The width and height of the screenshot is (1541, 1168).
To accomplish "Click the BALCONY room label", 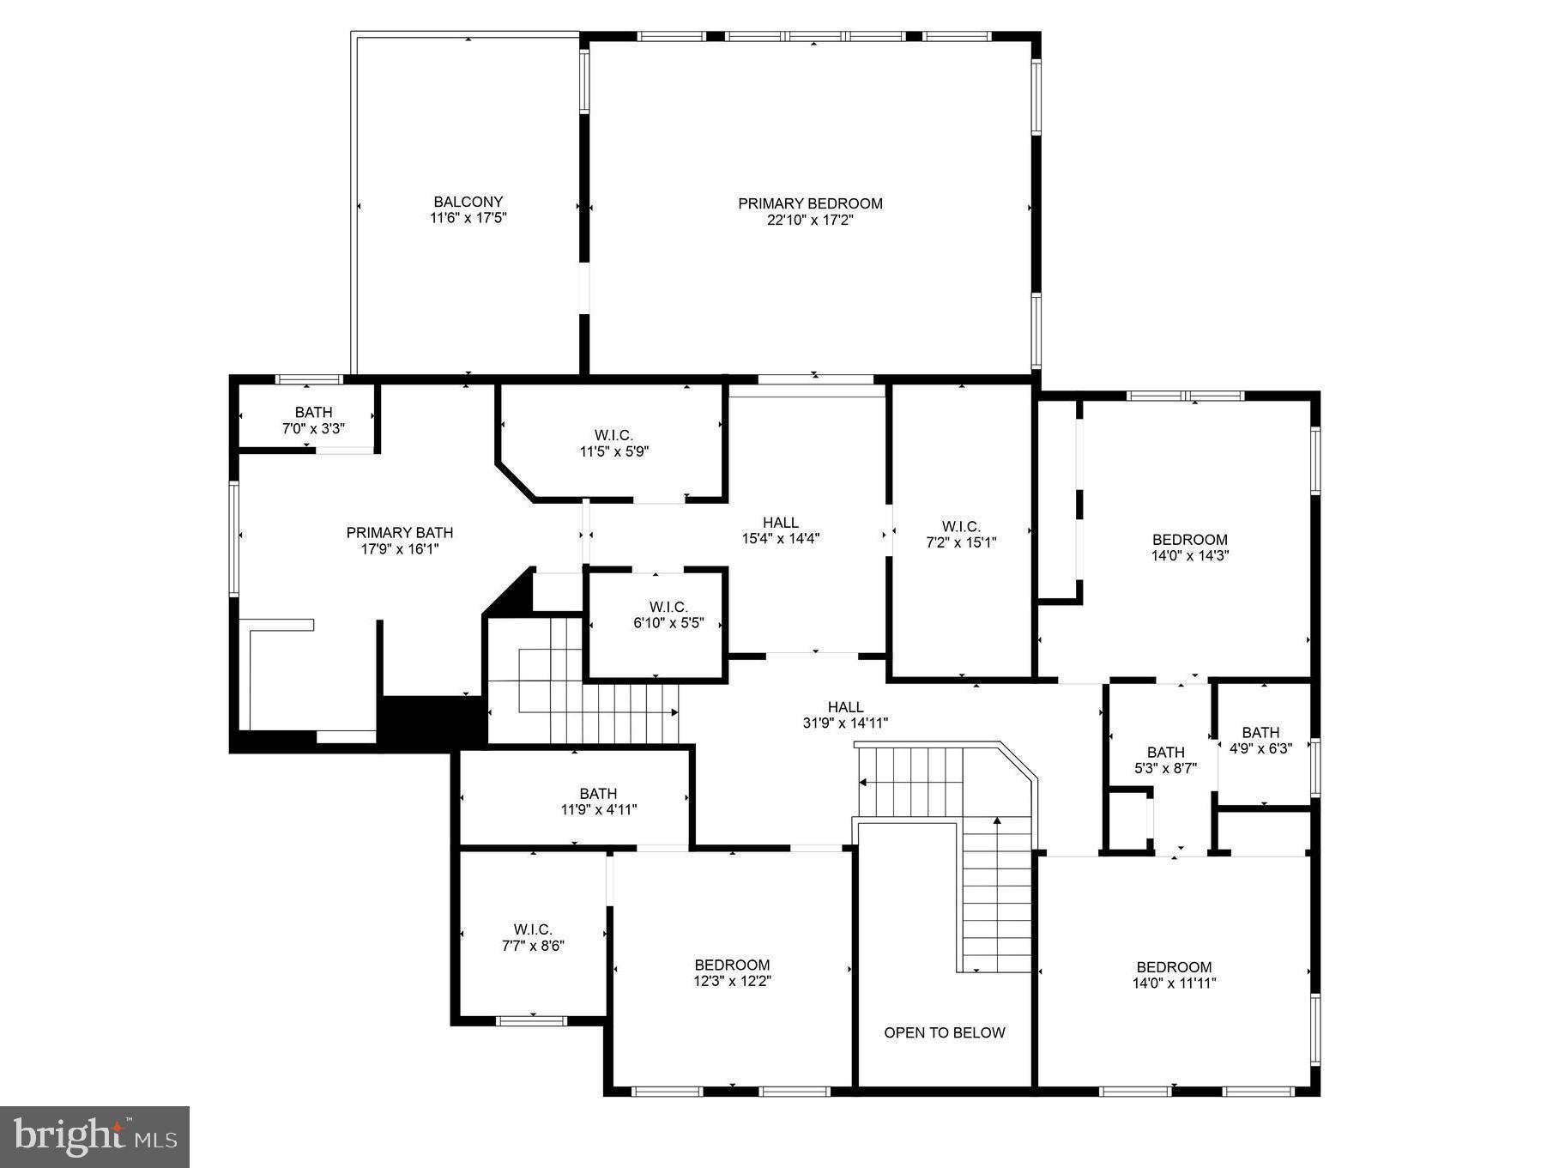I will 468,203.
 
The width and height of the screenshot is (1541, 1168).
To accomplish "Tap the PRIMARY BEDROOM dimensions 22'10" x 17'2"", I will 810,220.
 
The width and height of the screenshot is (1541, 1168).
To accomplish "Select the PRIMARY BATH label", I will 399,533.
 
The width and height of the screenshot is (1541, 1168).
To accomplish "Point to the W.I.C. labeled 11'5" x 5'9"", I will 613,443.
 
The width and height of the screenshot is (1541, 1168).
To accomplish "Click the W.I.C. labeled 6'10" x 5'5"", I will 668,615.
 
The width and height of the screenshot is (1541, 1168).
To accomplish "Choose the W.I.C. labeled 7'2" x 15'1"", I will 960,534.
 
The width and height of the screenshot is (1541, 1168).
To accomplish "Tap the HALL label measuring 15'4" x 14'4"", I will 780,530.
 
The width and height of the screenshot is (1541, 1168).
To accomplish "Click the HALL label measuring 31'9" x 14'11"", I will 845,715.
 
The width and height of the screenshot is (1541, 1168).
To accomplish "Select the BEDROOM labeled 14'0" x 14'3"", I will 1189,547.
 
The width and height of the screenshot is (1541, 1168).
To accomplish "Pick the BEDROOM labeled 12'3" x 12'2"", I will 732,972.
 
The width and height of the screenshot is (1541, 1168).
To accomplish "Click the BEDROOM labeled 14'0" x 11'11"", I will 1173,975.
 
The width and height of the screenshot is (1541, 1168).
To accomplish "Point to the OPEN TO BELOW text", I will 944,1032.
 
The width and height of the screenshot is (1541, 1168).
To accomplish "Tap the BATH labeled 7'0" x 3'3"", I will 313,420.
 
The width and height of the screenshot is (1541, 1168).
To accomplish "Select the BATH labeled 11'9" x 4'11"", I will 598,801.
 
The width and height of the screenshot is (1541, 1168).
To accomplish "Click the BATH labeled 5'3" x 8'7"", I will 1164,760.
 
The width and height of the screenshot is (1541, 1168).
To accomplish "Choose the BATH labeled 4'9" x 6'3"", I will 1260,740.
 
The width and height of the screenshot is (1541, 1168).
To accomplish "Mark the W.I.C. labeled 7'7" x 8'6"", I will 532,937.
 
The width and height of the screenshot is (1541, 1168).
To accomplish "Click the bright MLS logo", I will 94,1136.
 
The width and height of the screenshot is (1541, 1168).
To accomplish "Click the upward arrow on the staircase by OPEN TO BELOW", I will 997,822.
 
